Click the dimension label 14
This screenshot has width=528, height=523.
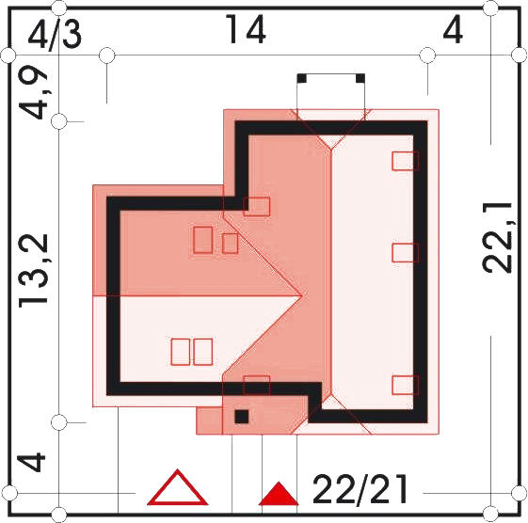point(246,29)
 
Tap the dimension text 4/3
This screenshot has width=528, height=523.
point(55,35)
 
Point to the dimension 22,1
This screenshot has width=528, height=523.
point(496,238)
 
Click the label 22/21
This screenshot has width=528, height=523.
point(360,489)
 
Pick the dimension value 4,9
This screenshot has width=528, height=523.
point(33,91)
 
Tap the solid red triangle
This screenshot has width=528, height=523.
point(279,494)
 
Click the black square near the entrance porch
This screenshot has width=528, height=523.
point(242,417)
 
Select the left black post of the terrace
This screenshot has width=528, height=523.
point(302,78)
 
